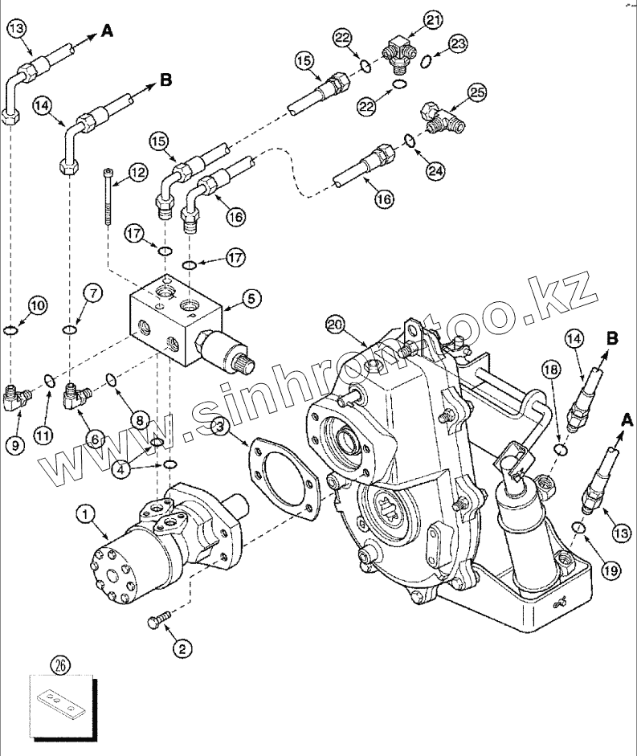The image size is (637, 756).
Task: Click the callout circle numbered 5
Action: point(249,298)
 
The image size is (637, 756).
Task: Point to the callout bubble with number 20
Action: point(335,324)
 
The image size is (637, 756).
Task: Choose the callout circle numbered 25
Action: point(477,93)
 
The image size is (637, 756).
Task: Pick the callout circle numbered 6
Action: point(95,439)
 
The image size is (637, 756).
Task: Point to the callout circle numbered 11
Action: point(43,435)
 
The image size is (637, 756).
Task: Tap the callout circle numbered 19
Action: point(609,571)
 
